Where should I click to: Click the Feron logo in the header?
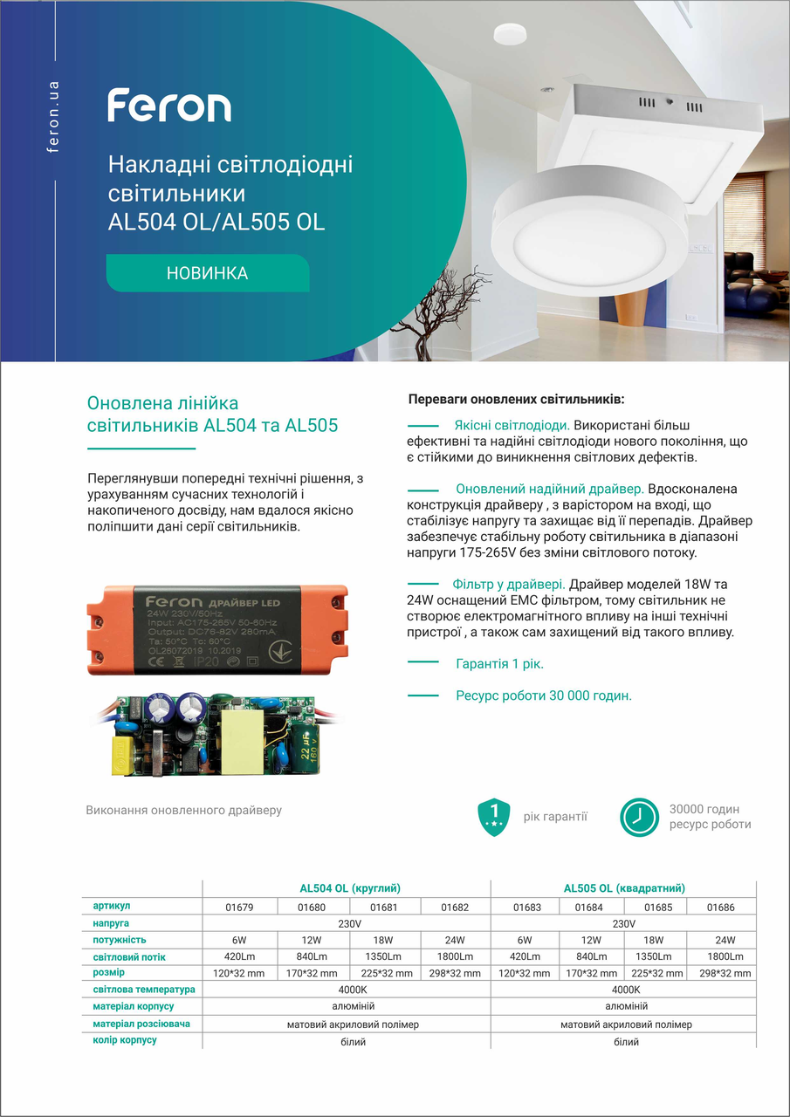click(169, 106)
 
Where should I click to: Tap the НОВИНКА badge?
click(207, 273)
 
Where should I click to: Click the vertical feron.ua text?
click(54, 117)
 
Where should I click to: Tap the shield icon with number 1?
click(494, 816)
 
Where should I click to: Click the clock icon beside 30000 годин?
click(640, 817)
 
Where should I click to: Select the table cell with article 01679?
click(239, 908)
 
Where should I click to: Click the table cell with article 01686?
click(720, 908)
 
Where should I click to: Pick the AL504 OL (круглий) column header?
click(349, 888)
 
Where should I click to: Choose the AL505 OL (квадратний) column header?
click(624, 888)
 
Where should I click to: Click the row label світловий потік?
click(129, 957)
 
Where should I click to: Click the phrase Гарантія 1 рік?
click(499, 664)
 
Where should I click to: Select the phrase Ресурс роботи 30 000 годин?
click(543, 696)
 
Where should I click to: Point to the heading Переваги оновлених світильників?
click(516, 400)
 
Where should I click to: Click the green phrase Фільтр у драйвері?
click(509, 584)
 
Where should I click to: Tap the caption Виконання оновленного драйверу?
click(184, 811)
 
